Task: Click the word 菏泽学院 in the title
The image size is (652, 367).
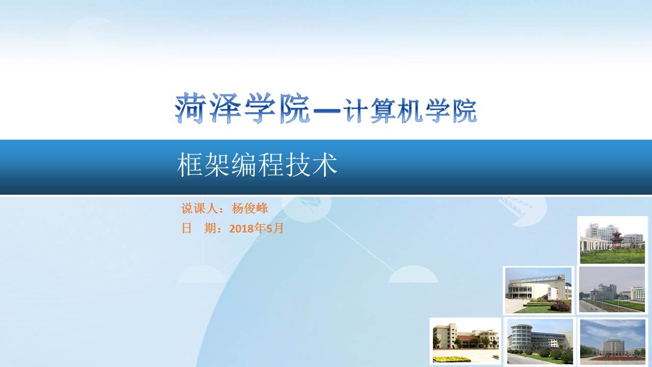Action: [x=242, y=108]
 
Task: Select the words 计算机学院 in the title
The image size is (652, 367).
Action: [x=410, y=111]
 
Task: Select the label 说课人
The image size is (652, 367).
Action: [x=199, y=208]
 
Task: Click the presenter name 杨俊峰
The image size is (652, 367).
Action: [x=250, y=208]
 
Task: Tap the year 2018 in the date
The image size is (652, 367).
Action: [x=241, y=229]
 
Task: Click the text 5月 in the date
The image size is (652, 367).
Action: [x=275, y=228]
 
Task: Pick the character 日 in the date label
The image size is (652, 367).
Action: [x=186, y=228]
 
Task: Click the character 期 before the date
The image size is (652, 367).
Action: [x=210, y=228]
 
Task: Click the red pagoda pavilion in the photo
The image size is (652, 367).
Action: [x=616, y=240]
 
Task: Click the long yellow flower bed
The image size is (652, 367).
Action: [x=452, y=359]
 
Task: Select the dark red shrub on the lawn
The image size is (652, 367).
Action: [x=560, y=307]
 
